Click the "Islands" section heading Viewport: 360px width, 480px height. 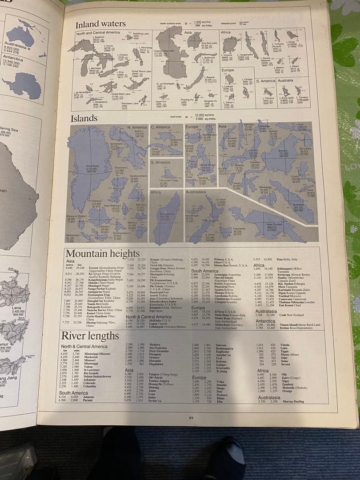pos(84,118)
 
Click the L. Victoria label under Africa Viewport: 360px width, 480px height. pos(227,56)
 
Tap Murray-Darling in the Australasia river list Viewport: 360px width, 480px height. pos(292,401)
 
